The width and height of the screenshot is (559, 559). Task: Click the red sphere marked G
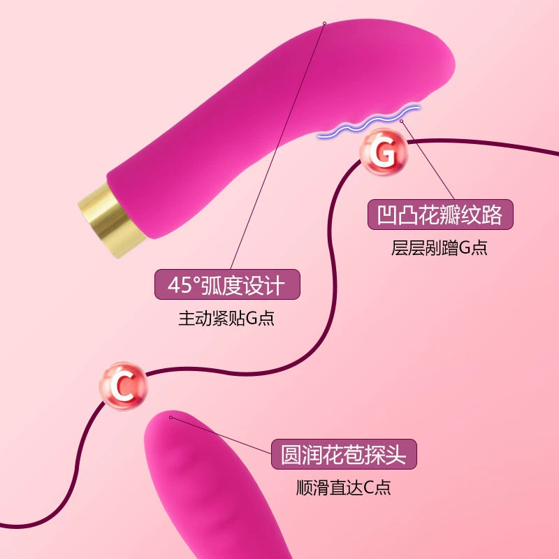(x=383, y=152)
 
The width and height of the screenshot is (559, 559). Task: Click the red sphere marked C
(x=124, y=386)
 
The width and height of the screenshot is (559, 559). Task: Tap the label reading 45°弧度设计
(x=227, y=284)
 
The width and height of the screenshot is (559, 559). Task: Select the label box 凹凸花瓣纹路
(x=440, y=215)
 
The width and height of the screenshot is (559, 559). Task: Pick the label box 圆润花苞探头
(x=344, y=454)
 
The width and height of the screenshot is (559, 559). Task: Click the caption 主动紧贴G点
(x=226, y=318)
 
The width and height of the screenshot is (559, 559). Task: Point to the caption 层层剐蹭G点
(x=440, y=248)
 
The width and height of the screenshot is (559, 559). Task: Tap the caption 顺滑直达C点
(x=344, y=487)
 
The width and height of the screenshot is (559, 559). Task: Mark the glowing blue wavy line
(x=369, y=121)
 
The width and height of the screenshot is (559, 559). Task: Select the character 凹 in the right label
(x=387, y=215)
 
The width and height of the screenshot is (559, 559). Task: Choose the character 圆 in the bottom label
(x=291, y=455)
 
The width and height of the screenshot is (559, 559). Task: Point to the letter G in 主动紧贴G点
(x=252, y=319)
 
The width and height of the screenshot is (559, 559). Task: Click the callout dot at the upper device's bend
(x=324, y=23)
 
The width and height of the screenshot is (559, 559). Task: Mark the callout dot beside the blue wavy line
(x=401, y=121)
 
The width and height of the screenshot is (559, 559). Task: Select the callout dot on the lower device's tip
(x=170, y=417)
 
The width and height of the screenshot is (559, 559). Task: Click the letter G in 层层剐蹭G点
(x=465, y=248)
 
